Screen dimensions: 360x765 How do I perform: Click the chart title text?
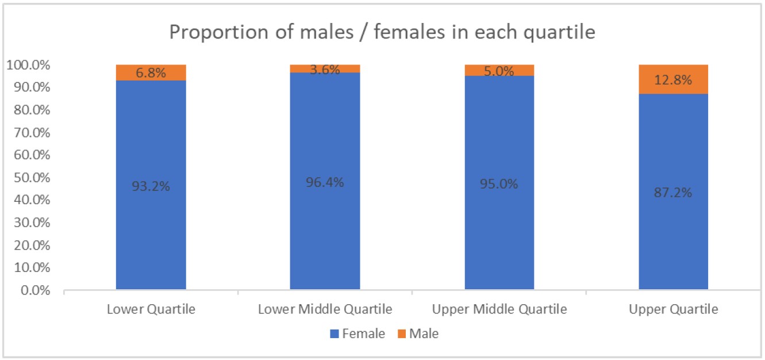[x=382, y=32]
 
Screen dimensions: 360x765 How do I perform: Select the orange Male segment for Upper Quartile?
[x=673, y=72]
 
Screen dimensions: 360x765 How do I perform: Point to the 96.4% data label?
[x=325, y=182]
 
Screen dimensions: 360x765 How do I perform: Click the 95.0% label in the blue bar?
[x=499, y=184]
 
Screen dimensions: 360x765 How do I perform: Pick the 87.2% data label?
[x=673, y=192]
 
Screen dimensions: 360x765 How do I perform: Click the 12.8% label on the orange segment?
[x=673, y=81]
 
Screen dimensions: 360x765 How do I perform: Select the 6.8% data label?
[x=151, y=74]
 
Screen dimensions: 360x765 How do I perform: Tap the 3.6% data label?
[x=325, y=70]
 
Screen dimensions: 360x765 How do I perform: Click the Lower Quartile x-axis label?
[x=151, y=309]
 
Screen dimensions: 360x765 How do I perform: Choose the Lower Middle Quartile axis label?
[x=325, y=309]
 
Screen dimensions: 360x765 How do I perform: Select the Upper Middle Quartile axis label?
[x=499, y=309]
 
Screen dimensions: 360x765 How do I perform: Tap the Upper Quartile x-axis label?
[x=673, y=309]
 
